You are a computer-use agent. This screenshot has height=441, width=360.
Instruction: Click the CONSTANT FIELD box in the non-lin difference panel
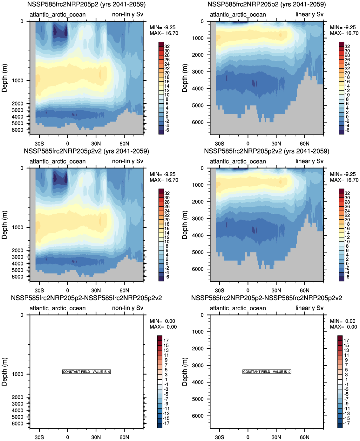86,372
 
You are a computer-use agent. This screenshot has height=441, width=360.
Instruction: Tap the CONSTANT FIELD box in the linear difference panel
267,372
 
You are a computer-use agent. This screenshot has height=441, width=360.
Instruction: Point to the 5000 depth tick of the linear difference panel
198,399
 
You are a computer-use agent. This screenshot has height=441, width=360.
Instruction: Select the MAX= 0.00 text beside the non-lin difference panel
163,327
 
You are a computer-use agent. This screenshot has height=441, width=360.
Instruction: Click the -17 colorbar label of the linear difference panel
346,423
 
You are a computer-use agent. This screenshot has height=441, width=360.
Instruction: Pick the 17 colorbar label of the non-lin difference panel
166,341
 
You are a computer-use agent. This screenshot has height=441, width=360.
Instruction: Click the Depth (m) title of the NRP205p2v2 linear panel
185,225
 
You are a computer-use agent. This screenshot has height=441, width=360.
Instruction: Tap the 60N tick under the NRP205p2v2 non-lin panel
124,290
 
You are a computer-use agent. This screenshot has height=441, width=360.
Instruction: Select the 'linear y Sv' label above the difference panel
309,308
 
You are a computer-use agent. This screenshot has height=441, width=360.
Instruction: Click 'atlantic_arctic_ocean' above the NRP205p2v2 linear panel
238,161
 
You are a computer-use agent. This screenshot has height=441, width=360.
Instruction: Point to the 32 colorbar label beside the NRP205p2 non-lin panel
167,46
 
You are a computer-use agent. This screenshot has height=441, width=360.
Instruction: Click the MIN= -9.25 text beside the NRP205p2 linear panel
343,27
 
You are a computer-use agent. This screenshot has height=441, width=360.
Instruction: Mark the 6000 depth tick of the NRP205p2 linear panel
198,122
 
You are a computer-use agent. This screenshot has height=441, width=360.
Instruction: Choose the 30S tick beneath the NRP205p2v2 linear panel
219,290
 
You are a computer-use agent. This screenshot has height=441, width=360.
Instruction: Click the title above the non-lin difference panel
86,298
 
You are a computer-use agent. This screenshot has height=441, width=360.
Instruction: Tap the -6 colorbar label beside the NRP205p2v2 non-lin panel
167,277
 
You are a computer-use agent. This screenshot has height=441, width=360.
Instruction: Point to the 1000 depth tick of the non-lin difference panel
17,374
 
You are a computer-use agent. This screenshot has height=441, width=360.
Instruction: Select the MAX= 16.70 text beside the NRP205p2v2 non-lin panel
164,180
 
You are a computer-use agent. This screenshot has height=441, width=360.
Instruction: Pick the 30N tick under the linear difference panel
276,437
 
